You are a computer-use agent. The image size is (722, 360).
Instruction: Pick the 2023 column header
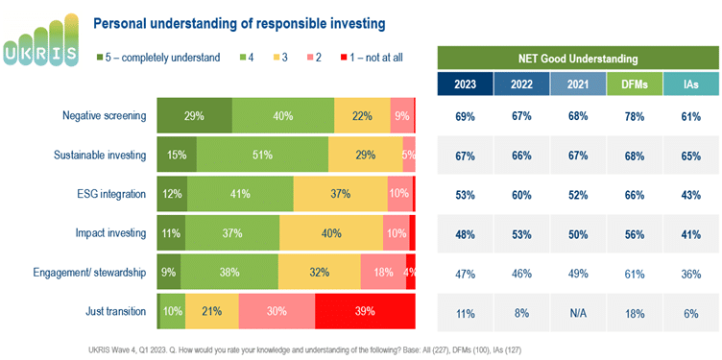tap(465, 84)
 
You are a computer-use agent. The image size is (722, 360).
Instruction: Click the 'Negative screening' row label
tap(104, 116)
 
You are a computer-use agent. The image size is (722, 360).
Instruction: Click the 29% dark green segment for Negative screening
tap(194, 116)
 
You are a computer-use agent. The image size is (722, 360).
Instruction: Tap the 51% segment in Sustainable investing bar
tap(262, 155)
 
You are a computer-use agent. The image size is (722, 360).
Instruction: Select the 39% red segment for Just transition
tap(365, 310)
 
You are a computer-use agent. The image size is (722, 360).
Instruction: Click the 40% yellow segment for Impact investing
tap(330, 233)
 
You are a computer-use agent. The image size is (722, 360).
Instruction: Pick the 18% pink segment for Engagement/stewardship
tap(383, 272)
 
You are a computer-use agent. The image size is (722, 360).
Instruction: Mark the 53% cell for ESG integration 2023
tap(465, 194)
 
